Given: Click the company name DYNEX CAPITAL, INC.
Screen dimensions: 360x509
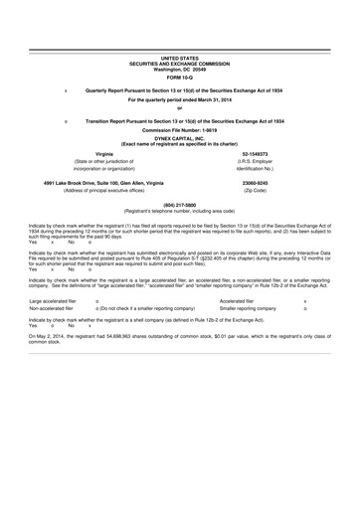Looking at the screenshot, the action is [179, 139].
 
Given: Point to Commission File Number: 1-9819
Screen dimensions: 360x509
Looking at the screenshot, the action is [179, 130].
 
